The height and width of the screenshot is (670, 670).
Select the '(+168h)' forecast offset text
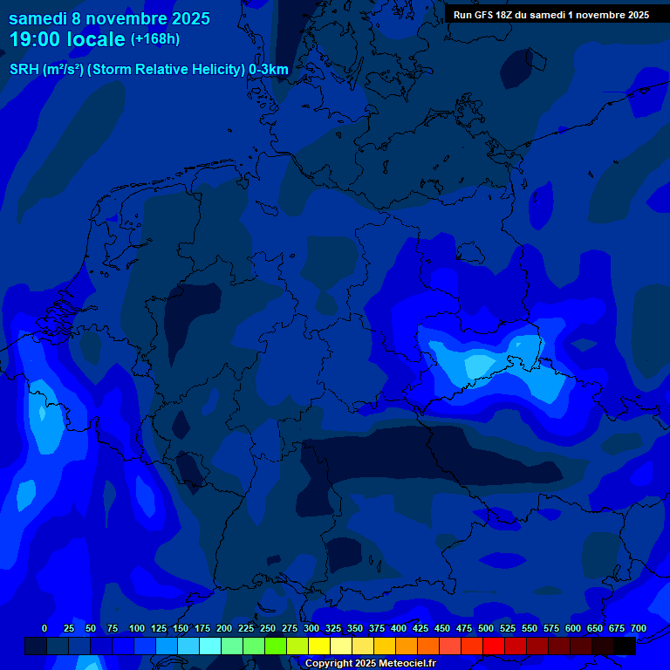tap(155, 39)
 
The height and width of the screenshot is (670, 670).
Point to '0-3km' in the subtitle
tap(269, 70)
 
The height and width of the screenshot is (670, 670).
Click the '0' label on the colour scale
tap(44, 628)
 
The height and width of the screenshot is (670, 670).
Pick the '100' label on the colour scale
tap(137, 628)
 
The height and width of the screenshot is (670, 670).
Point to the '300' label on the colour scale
tap(311, 628)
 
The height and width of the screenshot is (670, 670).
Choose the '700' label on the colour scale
tap(639, 628)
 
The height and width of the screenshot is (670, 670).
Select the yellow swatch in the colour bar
tap(319, 646)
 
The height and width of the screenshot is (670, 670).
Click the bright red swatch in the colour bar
tap(494, 646)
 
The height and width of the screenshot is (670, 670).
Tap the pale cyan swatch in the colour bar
tap(210, 646)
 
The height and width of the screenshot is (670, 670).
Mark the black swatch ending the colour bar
tap(625, 646)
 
